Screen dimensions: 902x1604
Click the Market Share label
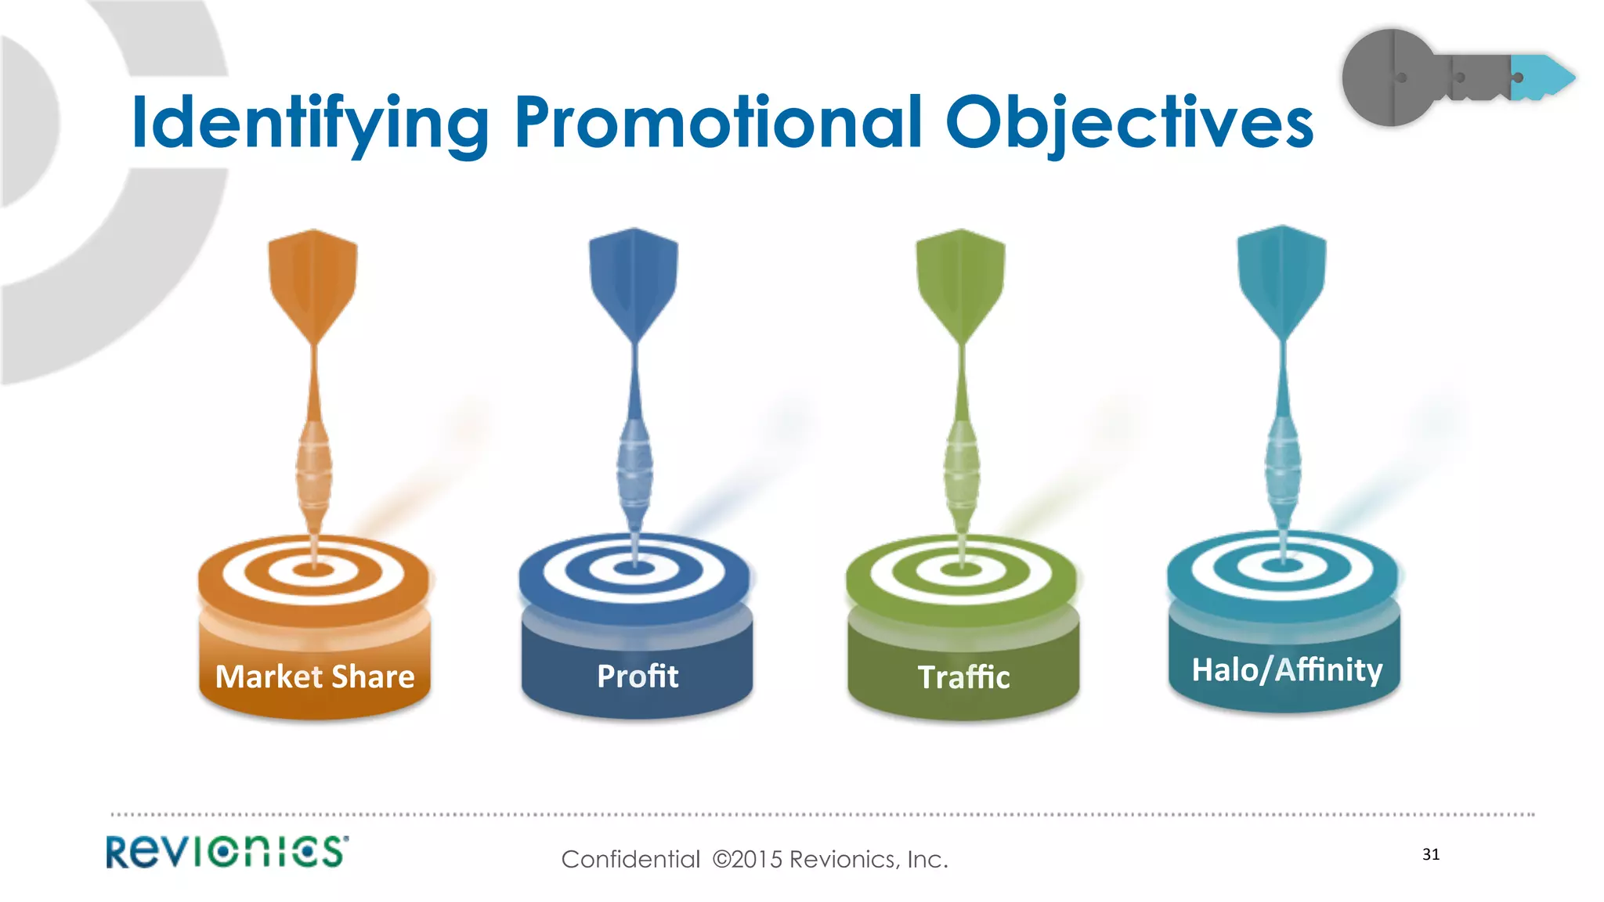coord(315,676)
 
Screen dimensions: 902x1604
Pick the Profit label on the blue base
coord(638,676)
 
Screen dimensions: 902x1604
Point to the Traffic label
coord(963,677)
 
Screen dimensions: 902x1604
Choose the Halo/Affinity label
coord(1287,670)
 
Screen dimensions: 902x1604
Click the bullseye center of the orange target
coord(314,568)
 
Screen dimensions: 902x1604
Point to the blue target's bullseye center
coord(635,567)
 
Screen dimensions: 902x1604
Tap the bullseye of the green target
coord(962,568)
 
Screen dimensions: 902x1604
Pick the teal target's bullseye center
coord(1283,564)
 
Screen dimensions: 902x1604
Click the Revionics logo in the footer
coord(227,852)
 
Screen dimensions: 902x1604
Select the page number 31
coord(1431,854)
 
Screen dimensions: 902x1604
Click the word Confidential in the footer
coord(630,860)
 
